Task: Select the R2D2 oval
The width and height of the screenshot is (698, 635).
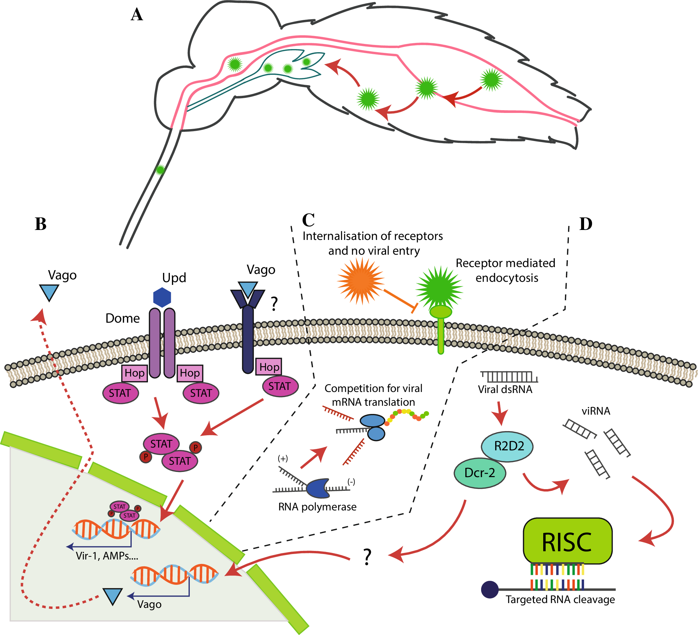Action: pos(507,446)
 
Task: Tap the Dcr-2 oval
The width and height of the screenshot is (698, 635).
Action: pos(480,473)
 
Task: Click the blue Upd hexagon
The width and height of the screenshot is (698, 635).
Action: pos(162,297)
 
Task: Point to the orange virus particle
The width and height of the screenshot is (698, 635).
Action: pos(360,281)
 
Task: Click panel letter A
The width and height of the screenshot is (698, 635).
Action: pos(137,15)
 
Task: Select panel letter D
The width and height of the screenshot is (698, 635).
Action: pos(585,224)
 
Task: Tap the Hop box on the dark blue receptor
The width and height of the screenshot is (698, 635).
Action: pos(269,367)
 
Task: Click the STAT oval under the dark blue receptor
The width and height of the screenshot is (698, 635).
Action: pos(280,386)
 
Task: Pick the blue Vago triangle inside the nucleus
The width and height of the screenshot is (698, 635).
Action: pos(113,596)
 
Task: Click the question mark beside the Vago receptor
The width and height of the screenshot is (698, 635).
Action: pos(274,304)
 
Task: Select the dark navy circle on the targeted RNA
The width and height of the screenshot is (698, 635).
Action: pos(490,589)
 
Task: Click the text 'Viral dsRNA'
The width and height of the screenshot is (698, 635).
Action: pos(505,390)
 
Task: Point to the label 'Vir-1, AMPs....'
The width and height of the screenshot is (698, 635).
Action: pos(107,556)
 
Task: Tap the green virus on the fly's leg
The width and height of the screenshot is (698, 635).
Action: pos(160,170)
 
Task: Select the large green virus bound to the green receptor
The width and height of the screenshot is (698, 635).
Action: pos(439,288)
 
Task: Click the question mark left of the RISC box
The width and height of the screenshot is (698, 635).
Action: pos(367,557)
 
